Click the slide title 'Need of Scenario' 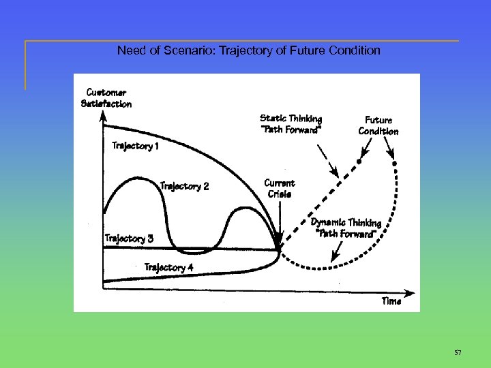coord(249,50)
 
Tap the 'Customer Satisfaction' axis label coord(106,98)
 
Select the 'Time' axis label coord(391,301)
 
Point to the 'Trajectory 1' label coord(136,145)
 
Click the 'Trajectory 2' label coord(184,186)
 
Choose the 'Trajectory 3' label coord(129,239)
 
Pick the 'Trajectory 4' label coord(168,267)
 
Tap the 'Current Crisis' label coord(279,188)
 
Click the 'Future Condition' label coord(378,125)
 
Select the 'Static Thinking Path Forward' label coord(291,125)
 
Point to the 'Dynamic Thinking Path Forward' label coord(346,228)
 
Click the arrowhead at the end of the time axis coord(411,296)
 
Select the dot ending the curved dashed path coord(393,164)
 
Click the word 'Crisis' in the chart coord(280,194)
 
